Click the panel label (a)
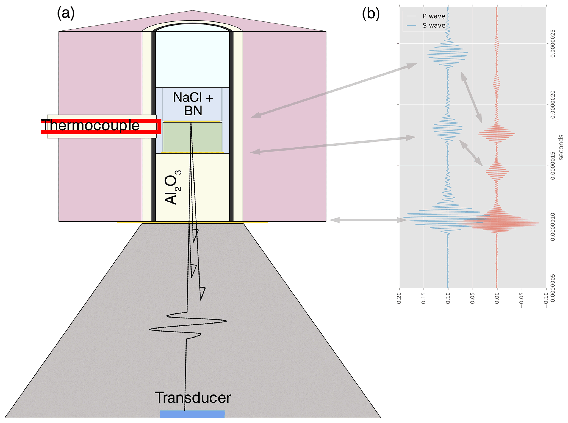click(x=66, y=13)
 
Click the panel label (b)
click(x=371, y=13)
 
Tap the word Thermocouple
click(x=90, y=126)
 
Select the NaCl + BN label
click(x=193, y=104)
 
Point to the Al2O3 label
click(x=173, y=187)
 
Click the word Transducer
click(x=193, y=397)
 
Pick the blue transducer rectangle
click(x=192, y=414)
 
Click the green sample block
click(x=192, y=137)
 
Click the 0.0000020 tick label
click(x=552, y=105)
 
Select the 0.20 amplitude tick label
click(x=399, y=298)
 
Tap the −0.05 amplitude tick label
click(x=522, y=299)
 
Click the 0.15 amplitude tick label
click(x=424, y=298)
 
